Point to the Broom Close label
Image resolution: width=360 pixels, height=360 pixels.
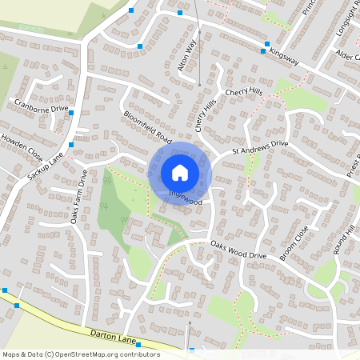[x=294, y=242]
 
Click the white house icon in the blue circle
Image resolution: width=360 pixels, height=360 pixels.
[x=180, y=172]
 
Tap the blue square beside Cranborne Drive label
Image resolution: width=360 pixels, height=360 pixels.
[x=72, y=113]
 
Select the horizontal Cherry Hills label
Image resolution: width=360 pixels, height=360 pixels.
[x=244, y=93]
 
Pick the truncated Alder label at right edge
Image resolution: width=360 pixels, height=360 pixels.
[x=349, y=55]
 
